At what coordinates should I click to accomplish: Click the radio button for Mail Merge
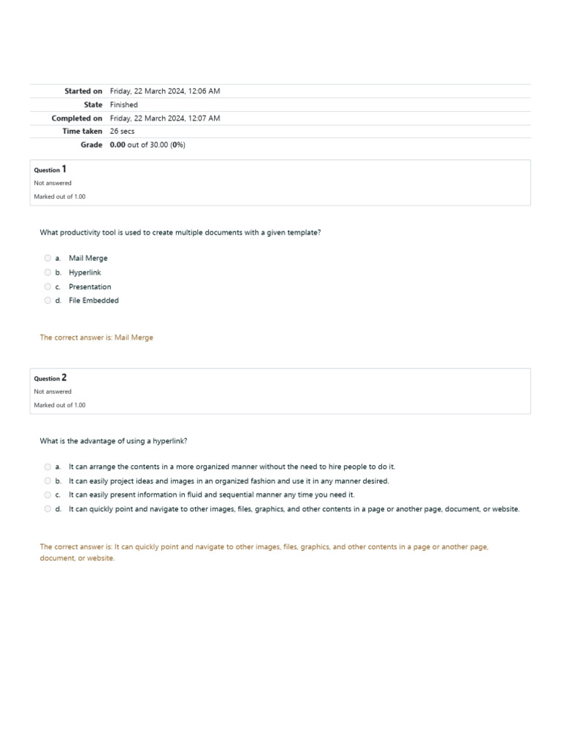click(x=47, y=258)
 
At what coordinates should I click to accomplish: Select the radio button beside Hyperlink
click(x=47, y=272)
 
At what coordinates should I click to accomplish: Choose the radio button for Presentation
click(x=47, y=286)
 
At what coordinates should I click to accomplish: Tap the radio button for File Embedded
click(x=47, y=300)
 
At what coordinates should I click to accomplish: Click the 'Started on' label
click(x=83, y=91)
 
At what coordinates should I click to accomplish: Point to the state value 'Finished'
click(x=123, y=104)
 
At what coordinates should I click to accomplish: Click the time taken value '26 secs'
click(x=122, y=131)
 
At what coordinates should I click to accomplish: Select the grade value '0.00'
click(x=118, y=145)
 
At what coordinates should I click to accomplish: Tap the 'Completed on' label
click(x=77, y=118)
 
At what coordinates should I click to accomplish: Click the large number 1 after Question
click(x=64, y=169)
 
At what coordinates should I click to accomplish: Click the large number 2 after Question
click(x=64, y=378)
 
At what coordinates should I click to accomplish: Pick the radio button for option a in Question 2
click(x=47, y=467)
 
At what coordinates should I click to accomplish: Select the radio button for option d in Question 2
click(x=47, y=509)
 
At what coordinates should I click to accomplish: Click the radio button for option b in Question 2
click(x=47, y=481)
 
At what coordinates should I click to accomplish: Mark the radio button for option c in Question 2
click(x=47, y=495)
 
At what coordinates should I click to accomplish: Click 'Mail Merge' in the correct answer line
click(x=134, y=337)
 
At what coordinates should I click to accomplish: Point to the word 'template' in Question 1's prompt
click(x=302, y=232)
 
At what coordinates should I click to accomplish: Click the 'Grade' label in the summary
click(x=91, y=145)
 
